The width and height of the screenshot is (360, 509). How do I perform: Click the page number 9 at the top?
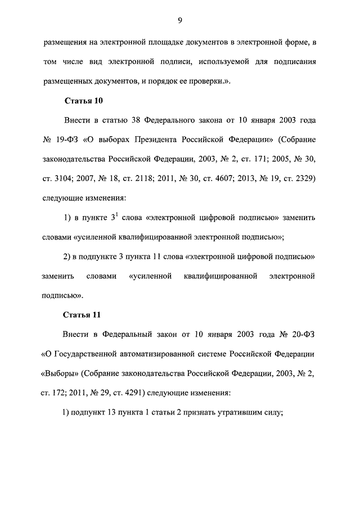click(x=179, y=21)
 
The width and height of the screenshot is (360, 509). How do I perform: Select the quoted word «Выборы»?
click(x=60, y=373)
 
